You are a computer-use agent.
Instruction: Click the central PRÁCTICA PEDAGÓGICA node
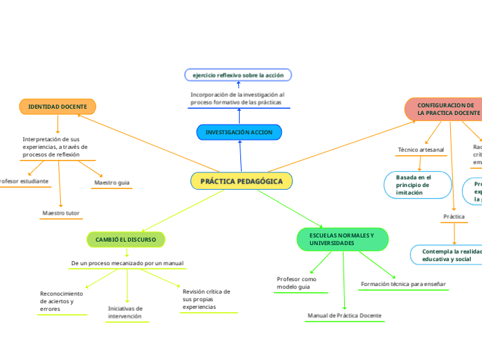pyautogui.click(x=241, y=181)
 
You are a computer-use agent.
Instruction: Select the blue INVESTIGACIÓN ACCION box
pyautogui.click(x=239, y=132)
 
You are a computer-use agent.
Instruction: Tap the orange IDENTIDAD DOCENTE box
pyautogui.click(x=57, y=107)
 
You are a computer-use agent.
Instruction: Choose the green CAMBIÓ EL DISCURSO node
pyautogui.click(x=125, y=240)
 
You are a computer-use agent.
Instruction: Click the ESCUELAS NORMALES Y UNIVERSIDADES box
pyautogui.click(x=342, y=240)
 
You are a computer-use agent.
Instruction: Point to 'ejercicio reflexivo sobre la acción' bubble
pyautogui.click(x=238, y=75)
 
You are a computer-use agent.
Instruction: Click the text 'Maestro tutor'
pyautogui.click(x=61, y=213)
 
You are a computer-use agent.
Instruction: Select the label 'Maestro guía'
pyautogui.click(x=111, y=183)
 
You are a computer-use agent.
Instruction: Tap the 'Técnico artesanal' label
pyautogui.click(x=421, y=150)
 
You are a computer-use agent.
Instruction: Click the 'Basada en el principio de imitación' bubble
pyautogui.click(x=413, y=185)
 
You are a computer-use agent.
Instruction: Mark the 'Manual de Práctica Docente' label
pyautogui.click(x=344, y=316)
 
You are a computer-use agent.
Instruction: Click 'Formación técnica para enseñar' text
pyautogui.click(x=404, y=284)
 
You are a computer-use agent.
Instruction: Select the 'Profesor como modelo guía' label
pyautogui.click(x=296, y=282)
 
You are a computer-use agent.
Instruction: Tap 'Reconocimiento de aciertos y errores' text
pyautogui.click(x=62, y=301)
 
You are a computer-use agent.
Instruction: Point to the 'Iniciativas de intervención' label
pyautogui.click(x=125, y=312)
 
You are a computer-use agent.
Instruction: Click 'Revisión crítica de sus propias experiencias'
pyautogui.click(x=206, y=299)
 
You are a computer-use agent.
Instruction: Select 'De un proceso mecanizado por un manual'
pyautogui.click(x=127, y=263)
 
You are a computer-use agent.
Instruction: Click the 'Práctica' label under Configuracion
pyautogui.click(x=454, y=217)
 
